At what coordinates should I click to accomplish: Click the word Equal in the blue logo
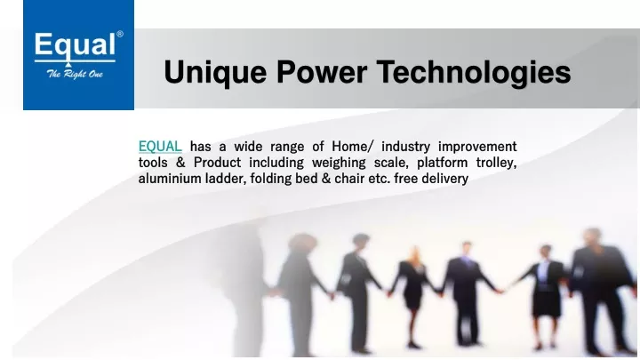tap(75, 46)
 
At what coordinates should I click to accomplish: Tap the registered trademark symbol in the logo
tap(120, 35)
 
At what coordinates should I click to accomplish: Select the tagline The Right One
tap(75, 74)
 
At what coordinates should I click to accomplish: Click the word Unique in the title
tap(215, 73)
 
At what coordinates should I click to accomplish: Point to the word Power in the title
tap(322, 72)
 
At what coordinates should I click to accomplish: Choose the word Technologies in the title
tap(474, 73)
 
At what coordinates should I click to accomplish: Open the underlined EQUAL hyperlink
tap(160, 147)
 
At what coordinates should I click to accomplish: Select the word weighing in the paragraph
tap(339, 163)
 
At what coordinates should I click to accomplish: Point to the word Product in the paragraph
tap(217, 163)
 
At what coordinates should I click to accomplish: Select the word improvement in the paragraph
tap(477, 147)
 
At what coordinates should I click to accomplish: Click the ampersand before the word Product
tap(180, 163)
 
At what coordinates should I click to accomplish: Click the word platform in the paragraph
tap(442, 163)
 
